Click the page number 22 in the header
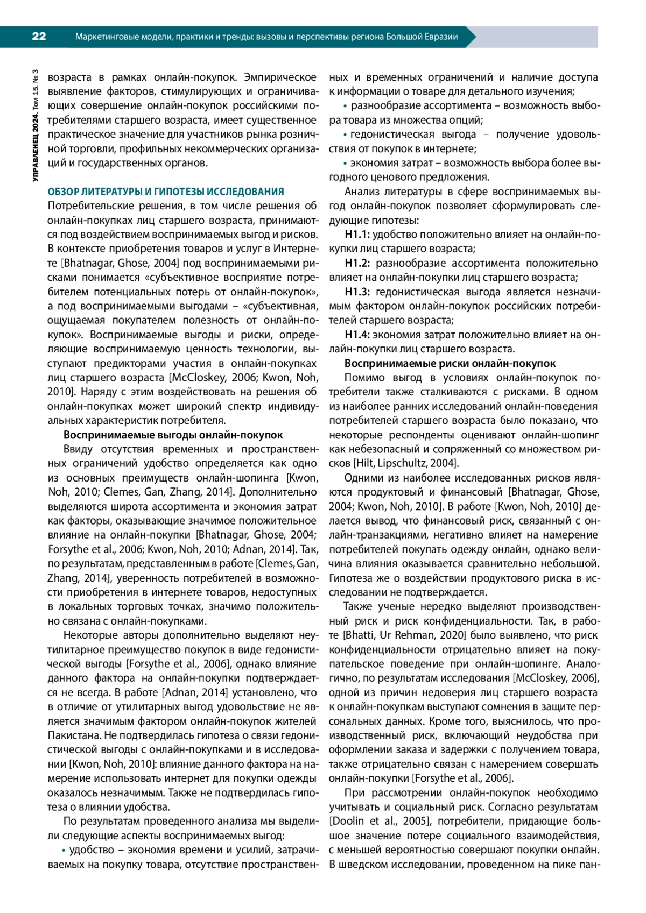[39, 37]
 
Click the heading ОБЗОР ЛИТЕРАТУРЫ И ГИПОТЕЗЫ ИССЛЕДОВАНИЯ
[166, 192]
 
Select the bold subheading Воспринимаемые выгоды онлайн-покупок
[173, 435]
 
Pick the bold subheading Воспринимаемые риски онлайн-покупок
[450, 363]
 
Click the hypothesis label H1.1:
[357, 235]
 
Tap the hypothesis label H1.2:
[357, 263]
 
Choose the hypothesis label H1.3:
[357, 292]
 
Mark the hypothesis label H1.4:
[357, 335]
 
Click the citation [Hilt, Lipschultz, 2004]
[405, 463]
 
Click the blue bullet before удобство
[64, 850]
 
